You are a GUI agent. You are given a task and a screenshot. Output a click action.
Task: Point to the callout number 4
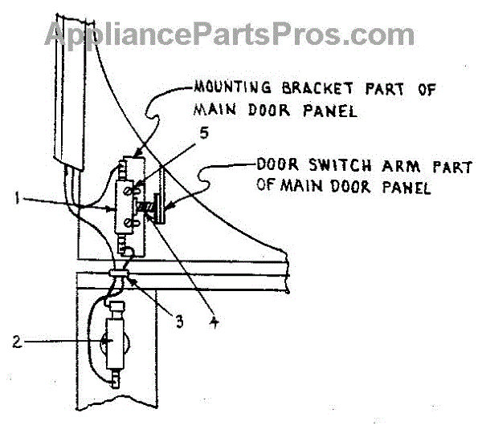tap(211, 326)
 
